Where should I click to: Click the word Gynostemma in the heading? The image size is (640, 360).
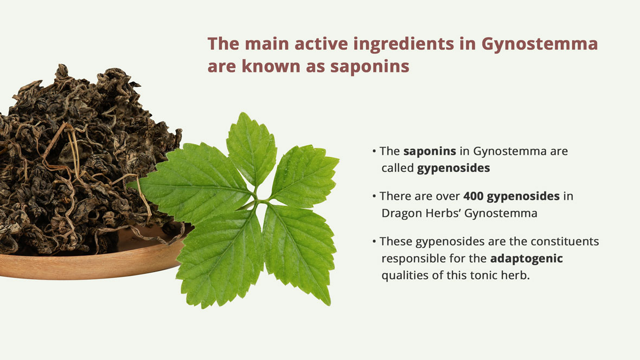point(539,44)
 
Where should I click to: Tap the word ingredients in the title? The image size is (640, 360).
point(404,44)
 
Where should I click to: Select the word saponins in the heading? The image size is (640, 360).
point(369,67)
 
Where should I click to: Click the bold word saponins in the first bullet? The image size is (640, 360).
point(430,151)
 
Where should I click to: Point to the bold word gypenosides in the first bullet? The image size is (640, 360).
point(453,168)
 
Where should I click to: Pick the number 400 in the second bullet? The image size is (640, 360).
point(473,196)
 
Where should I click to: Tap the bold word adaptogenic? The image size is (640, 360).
point(526,259)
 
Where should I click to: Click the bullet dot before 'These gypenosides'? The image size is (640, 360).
point(374,242)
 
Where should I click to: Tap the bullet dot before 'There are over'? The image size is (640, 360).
point(374,196)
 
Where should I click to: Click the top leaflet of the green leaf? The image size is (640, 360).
point(251,149)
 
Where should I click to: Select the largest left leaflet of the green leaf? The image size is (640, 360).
point(196,179)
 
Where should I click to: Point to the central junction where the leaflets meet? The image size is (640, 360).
point(257,200)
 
